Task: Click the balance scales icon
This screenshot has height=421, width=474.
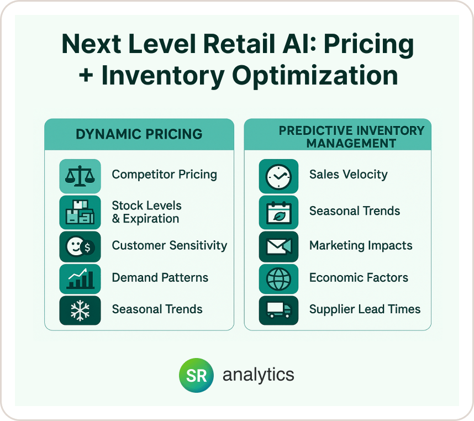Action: [80, 176]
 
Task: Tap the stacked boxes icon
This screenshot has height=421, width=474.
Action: [80, 212]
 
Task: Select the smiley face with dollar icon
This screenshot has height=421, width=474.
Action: [80, 246]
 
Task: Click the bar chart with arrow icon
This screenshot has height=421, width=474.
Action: [80, 278]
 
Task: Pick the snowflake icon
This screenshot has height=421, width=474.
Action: [80, 311]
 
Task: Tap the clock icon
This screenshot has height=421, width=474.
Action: [278, 176]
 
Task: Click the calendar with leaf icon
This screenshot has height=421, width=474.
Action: [278, 212]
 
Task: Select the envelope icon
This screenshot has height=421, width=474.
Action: [278, 246]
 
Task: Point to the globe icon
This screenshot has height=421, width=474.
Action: [278, 278]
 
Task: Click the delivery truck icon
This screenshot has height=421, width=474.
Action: [278, 311]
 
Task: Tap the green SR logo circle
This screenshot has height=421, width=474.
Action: [196, 375]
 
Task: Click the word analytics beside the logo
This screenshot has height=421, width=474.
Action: [258, 375]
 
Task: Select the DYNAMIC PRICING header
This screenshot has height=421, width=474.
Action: [139, 134]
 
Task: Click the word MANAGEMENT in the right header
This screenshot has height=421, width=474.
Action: [351, 143]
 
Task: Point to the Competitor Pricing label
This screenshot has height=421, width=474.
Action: [165, 175]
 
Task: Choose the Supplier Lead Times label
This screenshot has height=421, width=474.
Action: [365, 309]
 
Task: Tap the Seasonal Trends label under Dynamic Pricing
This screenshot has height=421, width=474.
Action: [157, 309]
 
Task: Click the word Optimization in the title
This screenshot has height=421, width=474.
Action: [315, 76]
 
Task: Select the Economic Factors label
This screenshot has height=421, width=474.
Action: [359, 277]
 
